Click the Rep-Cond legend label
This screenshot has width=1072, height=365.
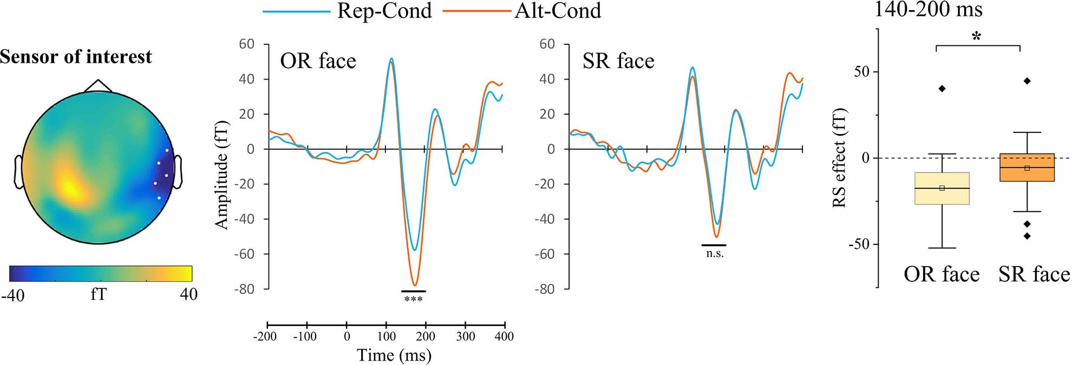tap(384, 11)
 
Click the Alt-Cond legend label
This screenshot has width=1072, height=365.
tap(558, 11)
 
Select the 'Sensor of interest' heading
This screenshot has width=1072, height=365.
tap(76, 57)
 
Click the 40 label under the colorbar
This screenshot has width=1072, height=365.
tap(188, 295)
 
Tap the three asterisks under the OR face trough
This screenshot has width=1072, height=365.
tap(413, 299)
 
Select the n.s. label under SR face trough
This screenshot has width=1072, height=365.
tap(715, 253)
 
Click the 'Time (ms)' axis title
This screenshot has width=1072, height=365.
tap(394, 355)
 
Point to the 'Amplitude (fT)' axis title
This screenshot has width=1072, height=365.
tap(222, 175)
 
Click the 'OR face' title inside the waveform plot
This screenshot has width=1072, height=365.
tap(318, 61)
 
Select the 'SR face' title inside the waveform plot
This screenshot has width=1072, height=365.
tap(618, 61)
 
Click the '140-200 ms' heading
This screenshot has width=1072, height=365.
tap(929, 9)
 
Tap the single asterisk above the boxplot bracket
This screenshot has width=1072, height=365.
tap(977, 37)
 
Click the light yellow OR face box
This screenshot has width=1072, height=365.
tap(942, 188)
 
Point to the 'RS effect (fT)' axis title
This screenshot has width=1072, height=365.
tap(839, 158)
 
